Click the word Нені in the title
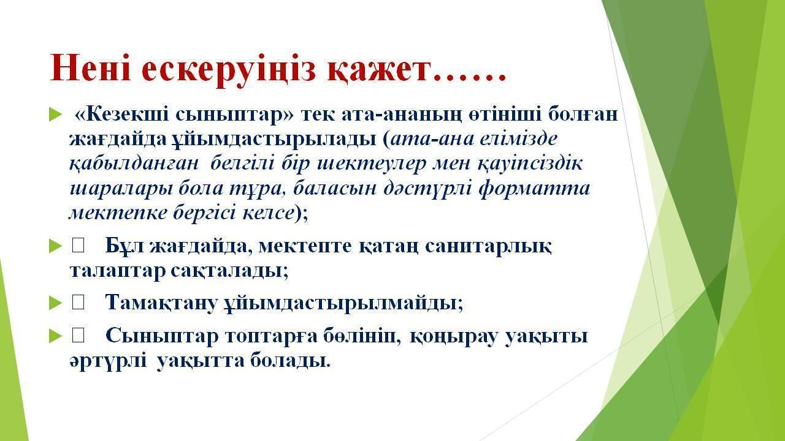(x=91, y=67)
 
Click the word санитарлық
(x=488, y=246)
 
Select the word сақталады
(x=230, y=271)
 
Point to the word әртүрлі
(x=109, y=361)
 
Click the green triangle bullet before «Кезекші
(x=55, y=115)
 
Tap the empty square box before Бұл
(x=78, y=246)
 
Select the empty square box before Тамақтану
(x=78, y=303)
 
